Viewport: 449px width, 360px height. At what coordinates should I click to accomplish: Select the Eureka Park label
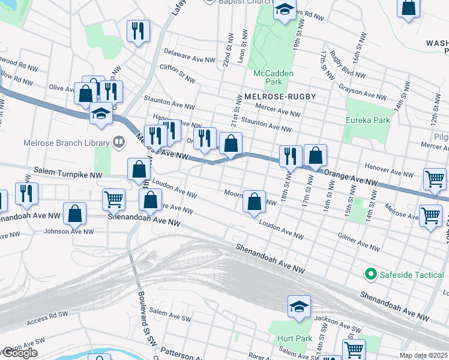coord(368,120)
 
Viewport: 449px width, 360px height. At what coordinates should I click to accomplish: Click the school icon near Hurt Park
coord(299,307)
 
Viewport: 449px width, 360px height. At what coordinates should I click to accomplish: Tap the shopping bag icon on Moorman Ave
coord(255,202)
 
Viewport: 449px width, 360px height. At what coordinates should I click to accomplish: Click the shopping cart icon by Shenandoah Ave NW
coord(113,199)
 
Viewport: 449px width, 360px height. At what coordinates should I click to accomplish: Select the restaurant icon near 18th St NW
coord(291,156)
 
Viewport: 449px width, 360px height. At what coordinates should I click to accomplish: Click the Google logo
coord(19,353)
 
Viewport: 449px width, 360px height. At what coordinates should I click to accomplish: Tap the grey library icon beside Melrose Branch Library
coord(119,142)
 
